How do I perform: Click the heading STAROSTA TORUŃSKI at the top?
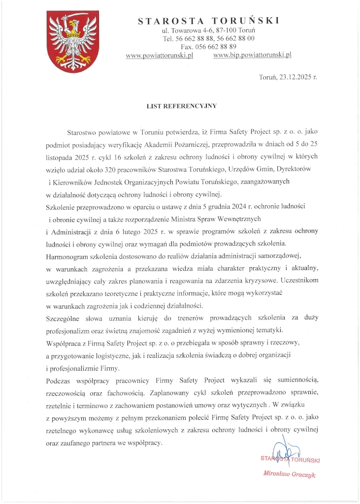[x=209, y=21]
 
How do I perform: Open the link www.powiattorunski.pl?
[x=160, y=55]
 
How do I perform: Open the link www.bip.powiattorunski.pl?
[x=253, y=55]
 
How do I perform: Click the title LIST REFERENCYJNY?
[x=180, y=105]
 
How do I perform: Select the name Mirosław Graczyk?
[x=290, y=475]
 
